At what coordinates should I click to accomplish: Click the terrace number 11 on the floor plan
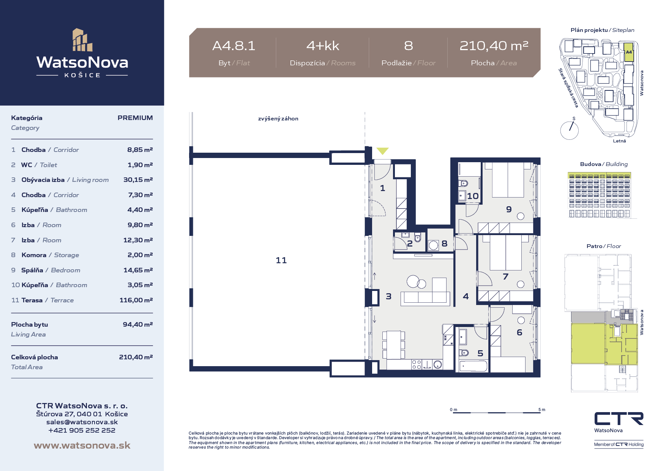click(x=281, y=260)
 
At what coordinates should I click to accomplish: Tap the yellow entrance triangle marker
click(x=382, y=151)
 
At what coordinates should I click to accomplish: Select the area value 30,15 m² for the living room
click(x=138, y=180)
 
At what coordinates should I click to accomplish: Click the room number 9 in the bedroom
click(x=509, y=209)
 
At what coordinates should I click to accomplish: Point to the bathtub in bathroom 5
click(x=473, y=366)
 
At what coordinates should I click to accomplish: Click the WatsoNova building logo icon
click(x=82, y=40)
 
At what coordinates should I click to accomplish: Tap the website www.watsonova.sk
click(x=82, y=445)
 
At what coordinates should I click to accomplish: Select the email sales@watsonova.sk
click(x=82, y=422)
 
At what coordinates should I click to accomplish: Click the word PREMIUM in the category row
click(x=135, y=118)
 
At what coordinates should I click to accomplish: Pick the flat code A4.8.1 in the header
click(x=234, y=46)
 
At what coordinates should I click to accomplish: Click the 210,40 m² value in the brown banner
click(x=494, y=46)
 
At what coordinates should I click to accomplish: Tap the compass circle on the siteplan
click(x=569, y=130)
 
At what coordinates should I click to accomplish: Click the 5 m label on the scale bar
click(x=541, y=409)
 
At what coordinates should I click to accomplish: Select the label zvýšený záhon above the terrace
click(x=278, y=119)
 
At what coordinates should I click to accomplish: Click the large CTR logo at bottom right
click(x=619, y=419)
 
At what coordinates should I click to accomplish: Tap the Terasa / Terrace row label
click(x=47, y=300)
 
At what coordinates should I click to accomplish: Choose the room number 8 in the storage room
click(x=444, y=243)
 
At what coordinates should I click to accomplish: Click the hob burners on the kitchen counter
click(x=417, y=365)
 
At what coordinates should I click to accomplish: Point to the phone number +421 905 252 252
click(x=82, y=430)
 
